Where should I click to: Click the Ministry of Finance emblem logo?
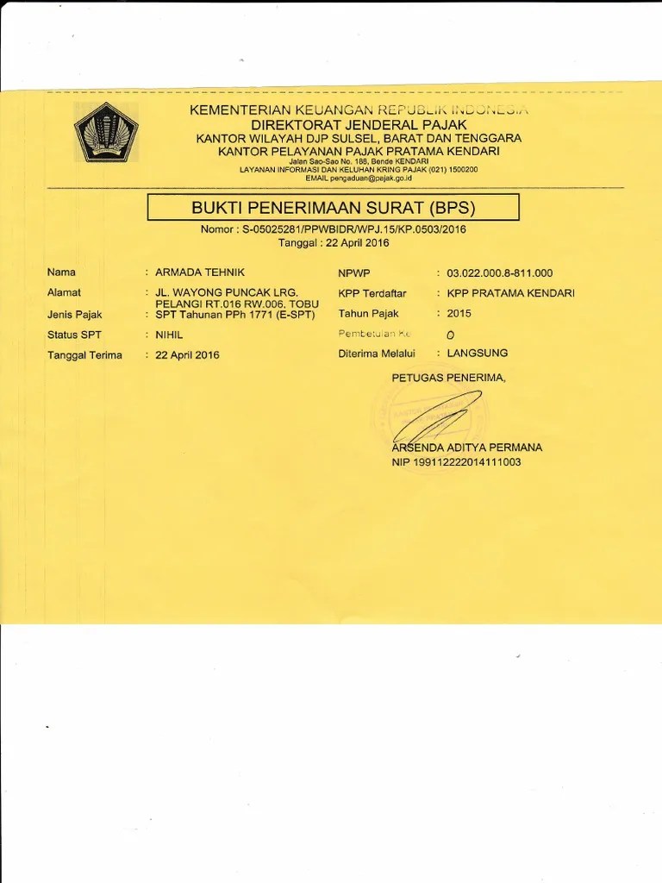(101, 133)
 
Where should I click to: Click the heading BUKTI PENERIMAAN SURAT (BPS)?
(333, 208)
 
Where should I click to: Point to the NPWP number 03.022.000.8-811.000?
(500, 273)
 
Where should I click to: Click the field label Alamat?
(64, 293)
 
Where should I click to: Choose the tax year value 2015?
(459, 314)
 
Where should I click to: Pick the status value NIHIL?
(169, 335)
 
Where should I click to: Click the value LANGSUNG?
(478, 353)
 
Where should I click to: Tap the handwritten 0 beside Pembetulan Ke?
(451, 335)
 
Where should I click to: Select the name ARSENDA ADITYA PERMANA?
(466, 448)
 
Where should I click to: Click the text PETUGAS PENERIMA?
(449, 378)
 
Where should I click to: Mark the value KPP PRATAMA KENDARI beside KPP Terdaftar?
(511, 293)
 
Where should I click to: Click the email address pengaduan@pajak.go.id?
(372, 178)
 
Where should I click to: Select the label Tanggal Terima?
(84, 355)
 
